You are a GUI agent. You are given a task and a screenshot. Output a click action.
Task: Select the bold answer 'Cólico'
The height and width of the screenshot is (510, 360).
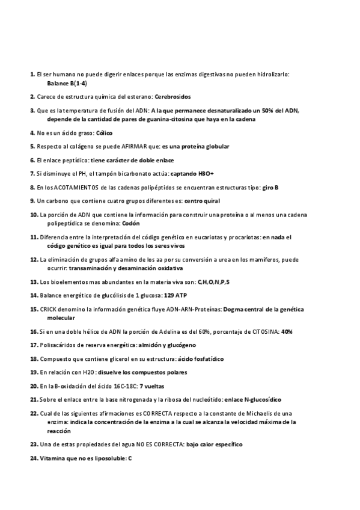104,132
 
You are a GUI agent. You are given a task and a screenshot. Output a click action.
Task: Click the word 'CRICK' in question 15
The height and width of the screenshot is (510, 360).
48,309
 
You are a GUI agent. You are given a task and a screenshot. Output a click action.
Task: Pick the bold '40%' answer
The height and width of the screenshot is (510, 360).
287,331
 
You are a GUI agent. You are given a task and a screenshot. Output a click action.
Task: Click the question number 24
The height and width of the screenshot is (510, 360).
34,459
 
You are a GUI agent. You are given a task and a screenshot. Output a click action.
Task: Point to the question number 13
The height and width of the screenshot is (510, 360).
34,281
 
